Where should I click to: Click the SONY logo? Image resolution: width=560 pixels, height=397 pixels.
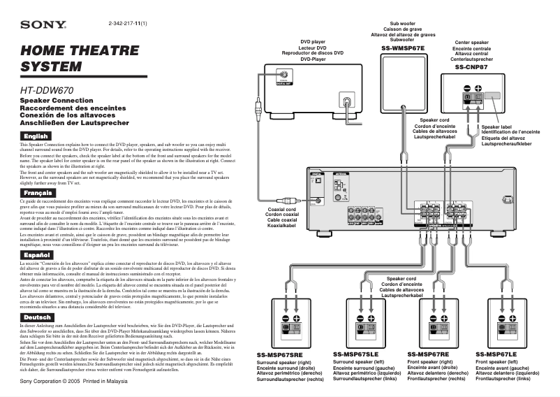tap(43, 26)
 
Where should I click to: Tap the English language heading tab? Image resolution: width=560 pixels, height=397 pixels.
tap(35, 135)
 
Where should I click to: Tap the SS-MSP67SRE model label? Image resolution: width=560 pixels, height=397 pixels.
tap(279, 355)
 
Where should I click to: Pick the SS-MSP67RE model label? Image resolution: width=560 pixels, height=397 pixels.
tap(428, 354)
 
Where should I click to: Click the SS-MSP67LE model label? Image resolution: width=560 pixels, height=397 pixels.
tap(496, 354)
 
